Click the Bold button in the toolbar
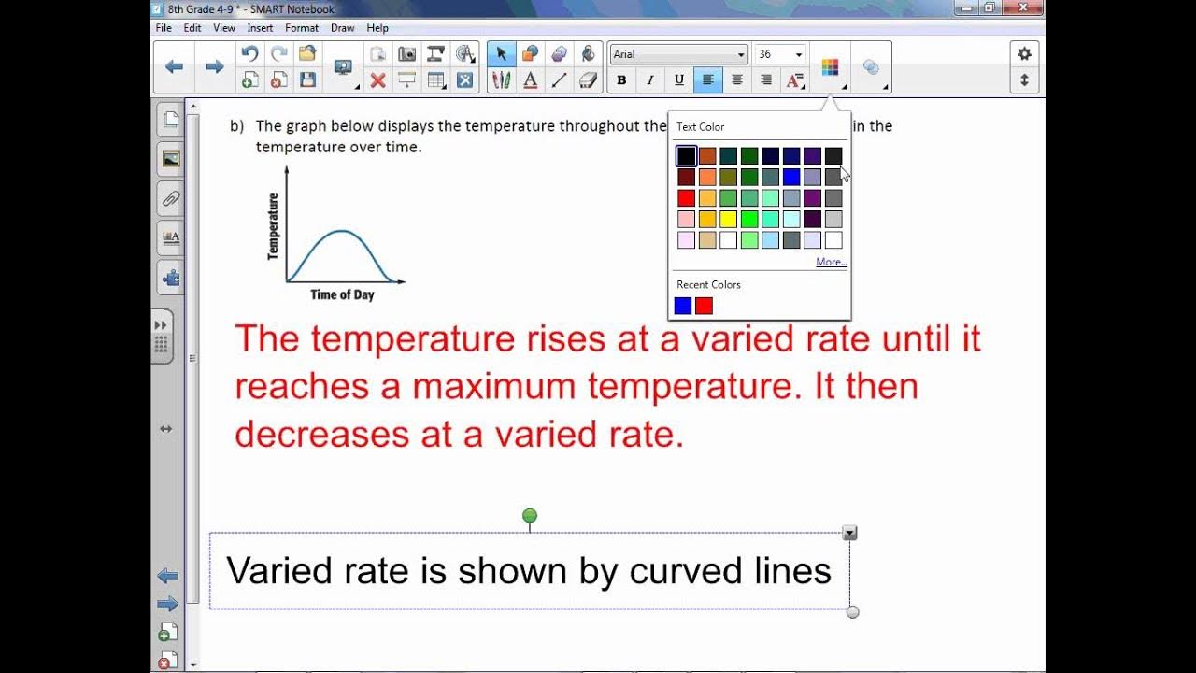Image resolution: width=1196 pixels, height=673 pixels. [621, 80]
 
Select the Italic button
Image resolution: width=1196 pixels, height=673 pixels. [650, 80]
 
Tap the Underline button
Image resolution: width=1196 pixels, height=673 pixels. [679, 80]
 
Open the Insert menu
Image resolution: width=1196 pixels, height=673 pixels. [260, 28]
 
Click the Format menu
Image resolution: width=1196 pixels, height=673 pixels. [302, 28]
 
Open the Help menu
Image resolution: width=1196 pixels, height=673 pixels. [377, 28]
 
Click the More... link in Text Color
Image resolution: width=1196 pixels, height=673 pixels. [831, 263]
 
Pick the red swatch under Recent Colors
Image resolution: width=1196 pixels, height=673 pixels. [704, 306]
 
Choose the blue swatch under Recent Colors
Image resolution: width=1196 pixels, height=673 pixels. [683, 306]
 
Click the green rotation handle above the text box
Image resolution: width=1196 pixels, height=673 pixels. [530, 516]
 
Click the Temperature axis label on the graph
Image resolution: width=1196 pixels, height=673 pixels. [274, 226]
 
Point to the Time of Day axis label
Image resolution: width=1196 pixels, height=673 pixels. [342, 295]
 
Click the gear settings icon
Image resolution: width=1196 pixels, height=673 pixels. [1024, 54]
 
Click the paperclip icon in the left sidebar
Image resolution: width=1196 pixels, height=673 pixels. [171, 198]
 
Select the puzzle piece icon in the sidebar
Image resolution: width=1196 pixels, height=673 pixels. [171, 278]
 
